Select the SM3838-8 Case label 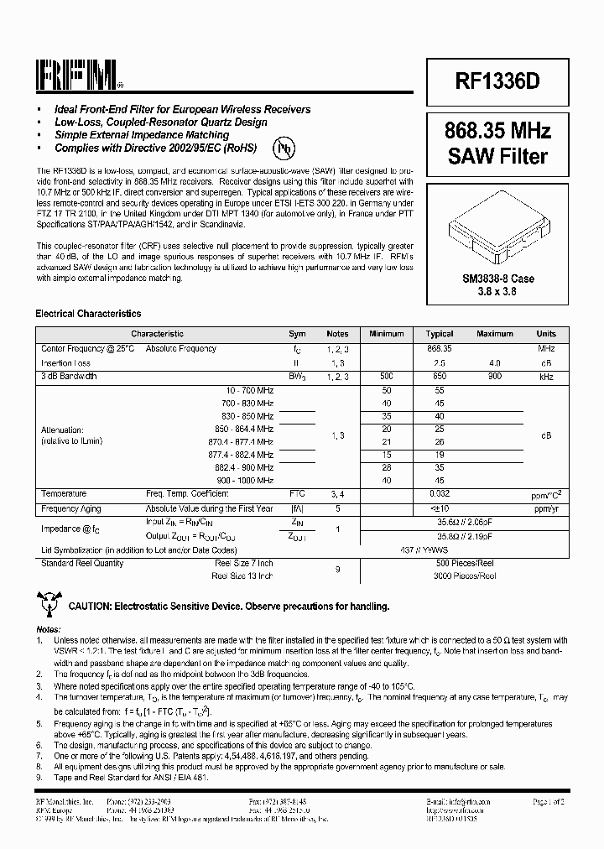pyautogui.click(x=498, y=279)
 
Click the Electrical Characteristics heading pyautogui.click(x=88, y=314)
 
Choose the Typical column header pyautogui.click(x=440, y=334)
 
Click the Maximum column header pyautogui.click(x=495, y=334)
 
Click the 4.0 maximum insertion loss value pyautogui.click(x=495, y=362)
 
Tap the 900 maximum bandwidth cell pyautogui.click(x=495, y=377)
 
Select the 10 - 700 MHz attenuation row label pyautogui.click(x=250, y=391)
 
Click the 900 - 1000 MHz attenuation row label pyautogui.click(x=246, y=480)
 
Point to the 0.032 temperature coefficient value pyautogui.click(x=440, y=494)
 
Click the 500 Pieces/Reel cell pyautogui.click(x=465, y=563)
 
